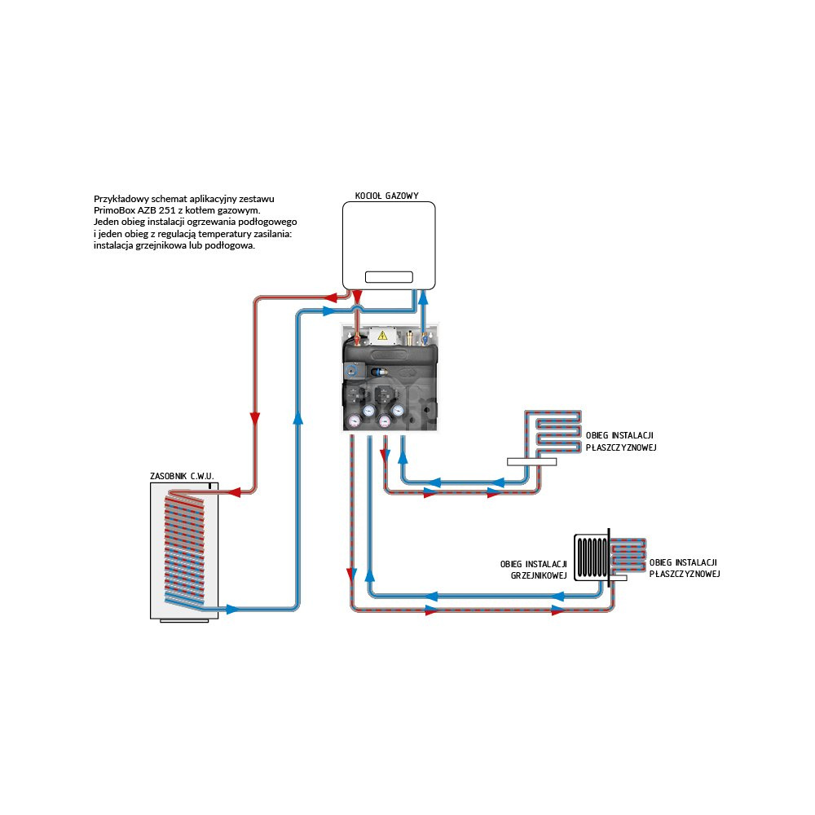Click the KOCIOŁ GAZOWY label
(x=387, y=196)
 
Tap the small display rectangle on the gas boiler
(x=389, y=276)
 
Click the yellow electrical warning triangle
(x=381, y=334)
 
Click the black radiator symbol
(x=591, y=557)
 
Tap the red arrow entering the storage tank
(x=231, y=491)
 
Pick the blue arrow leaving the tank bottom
(x=231, y=609)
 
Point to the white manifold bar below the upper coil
(x=531, y=461)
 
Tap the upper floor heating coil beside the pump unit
(x=551, y=432)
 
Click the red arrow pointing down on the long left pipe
(x=254, y=418)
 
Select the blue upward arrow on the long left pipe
(x=298, y=418)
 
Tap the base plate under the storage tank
(x=184, y=620)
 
